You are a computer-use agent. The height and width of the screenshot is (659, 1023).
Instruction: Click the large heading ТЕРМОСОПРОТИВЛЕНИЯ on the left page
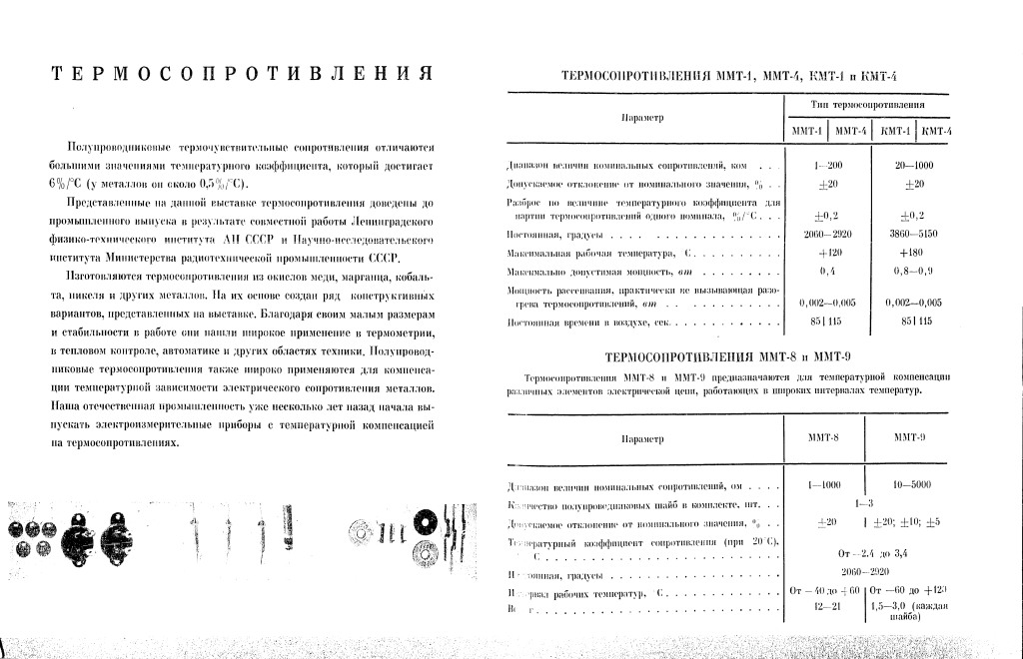tap(241, 75)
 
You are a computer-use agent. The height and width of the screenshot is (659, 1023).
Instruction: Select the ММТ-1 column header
tap(806, 131)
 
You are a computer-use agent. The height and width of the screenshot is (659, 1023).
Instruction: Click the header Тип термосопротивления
tap(866, 104)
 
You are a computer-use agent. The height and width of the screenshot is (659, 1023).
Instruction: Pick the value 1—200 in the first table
tap(829, 165)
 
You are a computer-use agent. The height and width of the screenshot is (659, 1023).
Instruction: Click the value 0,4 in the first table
tap(827, 272)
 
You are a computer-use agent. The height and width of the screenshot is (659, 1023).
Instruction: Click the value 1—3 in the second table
tap(865, 503)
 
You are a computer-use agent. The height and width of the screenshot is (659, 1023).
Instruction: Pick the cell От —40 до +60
tap(824, 592)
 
